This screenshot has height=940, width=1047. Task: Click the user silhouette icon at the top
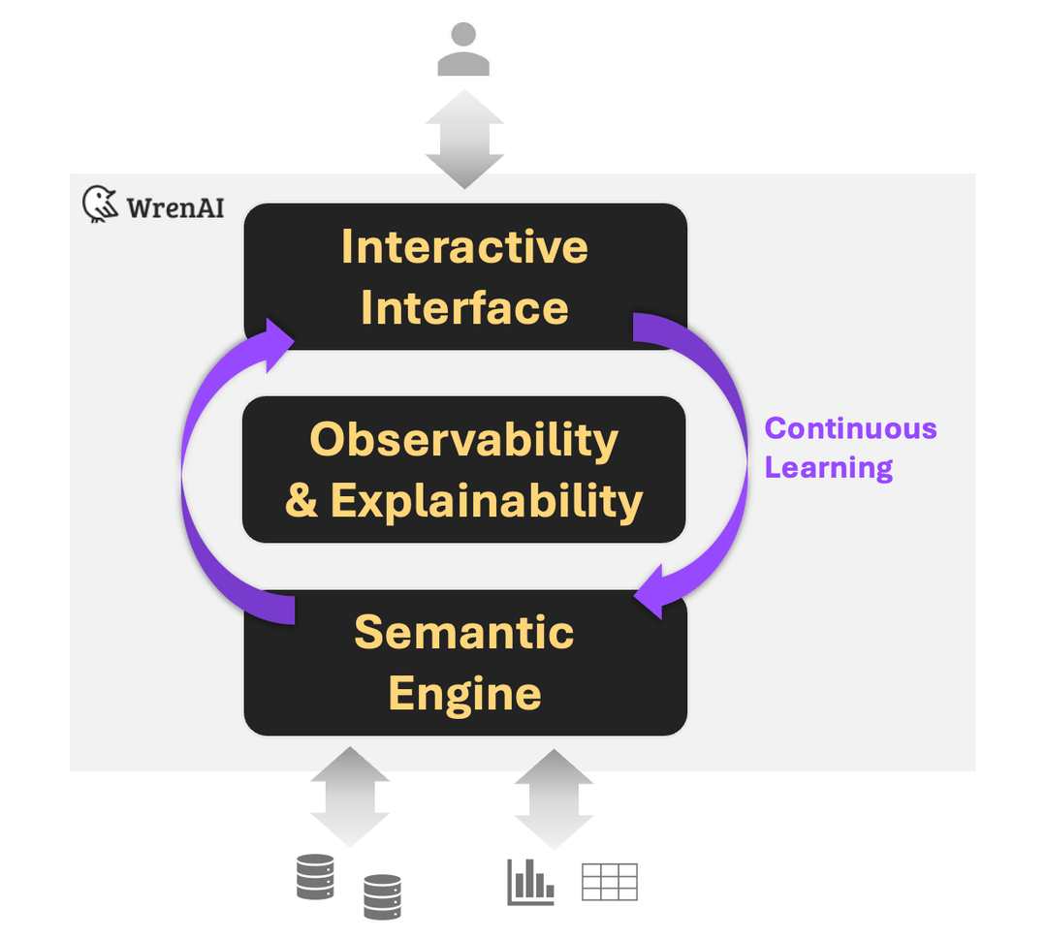[x=463, y=50]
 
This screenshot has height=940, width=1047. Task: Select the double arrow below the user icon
[x=463, y=139]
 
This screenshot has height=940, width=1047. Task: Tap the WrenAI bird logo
[x=100, y=204]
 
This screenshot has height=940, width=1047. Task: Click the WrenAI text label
[x=174, y=206]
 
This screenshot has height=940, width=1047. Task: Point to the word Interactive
[x=464, y=247]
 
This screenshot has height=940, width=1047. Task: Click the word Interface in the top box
[x=464, y=308]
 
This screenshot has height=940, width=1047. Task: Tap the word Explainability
[x=487, y=500]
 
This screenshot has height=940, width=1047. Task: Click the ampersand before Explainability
[x=301, y=501]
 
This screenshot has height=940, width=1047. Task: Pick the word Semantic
[x=464, y=632]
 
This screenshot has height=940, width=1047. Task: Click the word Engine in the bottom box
[x=464, y=694]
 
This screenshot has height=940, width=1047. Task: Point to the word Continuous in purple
[x=850, y=428]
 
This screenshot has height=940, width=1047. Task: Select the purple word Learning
[x=828, y=467]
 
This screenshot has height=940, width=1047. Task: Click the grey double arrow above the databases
[x=350, y=796]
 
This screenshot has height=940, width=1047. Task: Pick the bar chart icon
[x=530, y=882]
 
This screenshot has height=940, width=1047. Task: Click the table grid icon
[x=609, y=882]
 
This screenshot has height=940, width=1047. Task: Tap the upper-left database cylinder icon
[x=315, y=877]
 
